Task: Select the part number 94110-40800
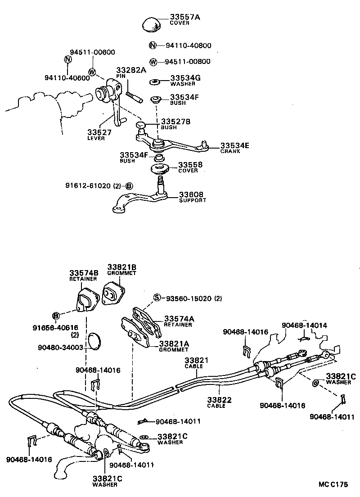click(188, 45)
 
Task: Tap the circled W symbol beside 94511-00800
click(153, 62)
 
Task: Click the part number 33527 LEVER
click(99, 134)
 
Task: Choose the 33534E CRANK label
click(235, 148)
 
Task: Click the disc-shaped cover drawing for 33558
click(160, 169)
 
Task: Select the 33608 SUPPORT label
click(193, 197)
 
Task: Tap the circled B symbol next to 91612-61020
click(129, 185)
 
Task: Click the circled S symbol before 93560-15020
click(157, 298)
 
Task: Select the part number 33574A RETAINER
click(179, 321)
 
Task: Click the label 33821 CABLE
click(196, 363)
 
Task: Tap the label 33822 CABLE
click(219, 402)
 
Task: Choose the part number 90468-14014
click(304, 325)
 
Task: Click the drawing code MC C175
click(333, 485)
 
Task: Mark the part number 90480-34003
click(61, 347)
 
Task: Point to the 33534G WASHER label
click(185, 80)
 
